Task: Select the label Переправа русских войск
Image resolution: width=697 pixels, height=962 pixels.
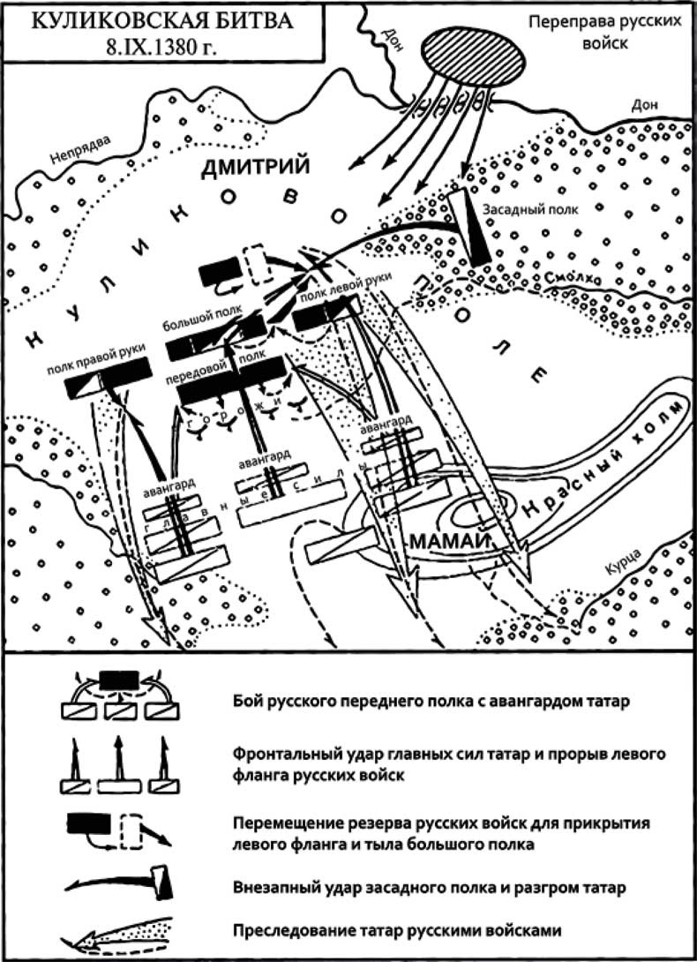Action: pyautogui.click(x=605, y=31)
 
